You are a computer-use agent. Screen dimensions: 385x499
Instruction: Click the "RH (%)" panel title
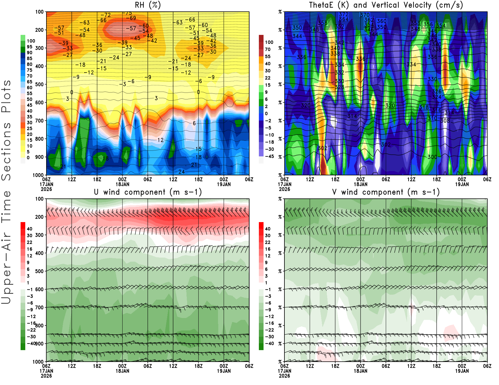coord(148,5)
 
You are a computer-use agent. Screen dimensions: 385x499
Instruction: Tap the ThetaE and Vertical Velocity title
coord(386,5)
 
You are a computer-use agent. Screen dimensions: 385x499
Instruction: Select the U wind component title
coord(148,192)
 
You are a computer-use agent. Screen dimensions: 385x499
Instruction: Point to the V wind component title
coord(386,192)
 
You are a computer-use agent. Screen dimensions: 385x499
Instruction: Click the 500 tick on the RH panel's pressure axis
coord(40,84)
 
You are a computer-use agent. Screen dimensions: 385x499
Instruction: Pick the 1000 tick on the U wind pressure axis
coord(38,362)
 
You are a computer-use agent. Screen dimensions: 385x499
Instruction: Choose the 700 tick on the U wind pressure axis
coord(40,307)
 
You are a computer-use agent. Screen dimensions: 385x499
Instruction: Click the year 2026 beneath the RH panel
coord(46,189)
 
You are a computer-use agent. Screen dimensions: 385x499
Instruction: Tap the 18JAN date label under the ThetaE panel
coord(361,184)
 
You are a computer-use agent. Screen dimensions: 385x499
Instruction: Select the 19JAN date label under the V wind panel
coord(462,371)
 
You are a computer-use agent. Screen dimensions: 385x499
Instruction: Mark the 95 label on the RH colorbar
coord(29,47)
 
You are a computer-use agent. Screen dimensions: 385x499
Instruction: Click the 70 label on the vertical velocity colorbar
coord(268,49)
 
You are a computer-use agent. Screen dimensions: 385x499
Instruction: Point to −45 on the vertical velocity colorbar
coord(269,156)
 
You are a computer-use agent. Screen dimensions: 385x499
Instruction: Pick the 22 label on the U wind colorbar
coord(29,242)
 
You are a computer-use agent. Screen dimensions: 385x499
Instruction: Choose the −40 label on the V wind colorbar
coord(269,344)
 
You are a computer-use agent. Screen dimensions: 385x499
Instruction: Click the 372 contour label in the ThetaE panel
coord(343,14)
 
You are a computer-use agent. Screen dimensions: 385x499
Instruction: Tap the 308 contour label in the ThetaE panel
coord(445,121)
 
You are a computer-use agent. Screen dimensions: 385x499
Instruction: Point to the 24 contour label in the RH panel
coord(181,172)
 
